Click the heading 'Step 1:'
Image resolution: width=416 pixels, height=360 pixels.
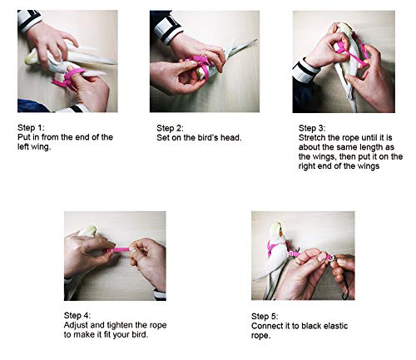click(x=31, y=128)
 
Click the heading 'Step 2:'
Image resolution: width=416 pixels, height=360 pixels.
click(x=170, y=128)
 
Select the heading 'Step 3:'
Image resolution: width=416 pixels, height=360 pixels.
click(x=312, y=128)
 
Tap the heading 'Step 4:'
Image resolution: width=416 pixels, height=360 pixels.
click(x=77, y=315)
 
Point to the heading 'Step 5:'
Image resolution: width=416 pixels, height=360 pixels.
click(x=265, y=317)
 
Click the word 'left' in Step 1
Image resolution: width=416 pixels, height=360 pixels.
click(x=23, y=146)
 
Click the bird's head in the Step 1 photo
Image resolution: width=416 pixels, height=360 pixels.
click(x=32, y=58)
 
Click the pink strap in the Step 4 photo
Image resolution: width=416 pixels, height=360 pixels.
click(x=118, y=250)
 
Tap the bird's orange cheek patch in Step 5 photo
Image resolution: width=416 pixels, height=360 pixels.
click(x=280, y=234)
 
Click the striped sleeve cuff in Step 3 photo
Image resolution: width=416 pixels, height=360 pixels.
click(x=306, y=71)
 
